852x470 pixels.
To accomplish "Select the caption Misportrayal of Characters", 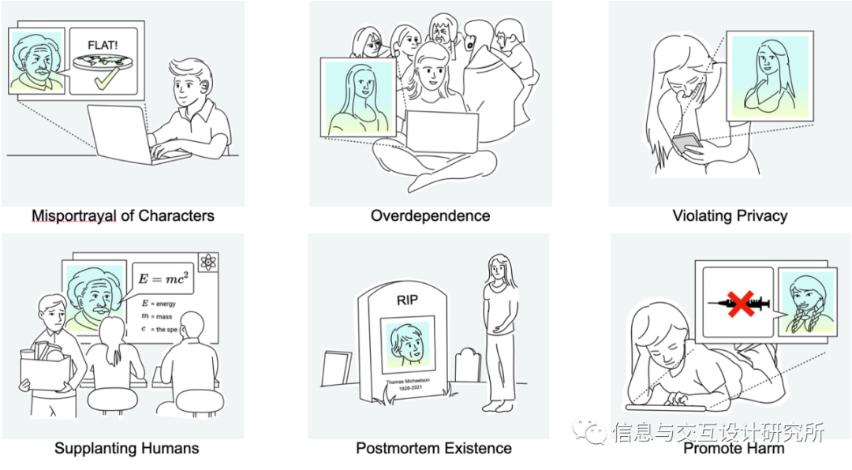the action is coord(122,215).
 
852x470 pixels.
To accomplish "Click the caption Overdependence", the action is coord(430,215).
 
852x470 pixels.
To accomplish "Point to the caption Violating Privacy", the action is coord(730,215).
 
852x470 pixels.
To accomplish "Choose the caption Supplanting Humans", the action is coord(126,448).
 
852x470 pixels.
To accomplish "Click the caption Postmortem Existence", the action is coord(433,448).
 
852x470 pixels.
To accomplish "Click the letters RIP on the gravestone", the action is coord(407,300).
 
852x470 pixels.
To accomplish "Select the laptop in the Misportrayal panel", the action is coord(118,134).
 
